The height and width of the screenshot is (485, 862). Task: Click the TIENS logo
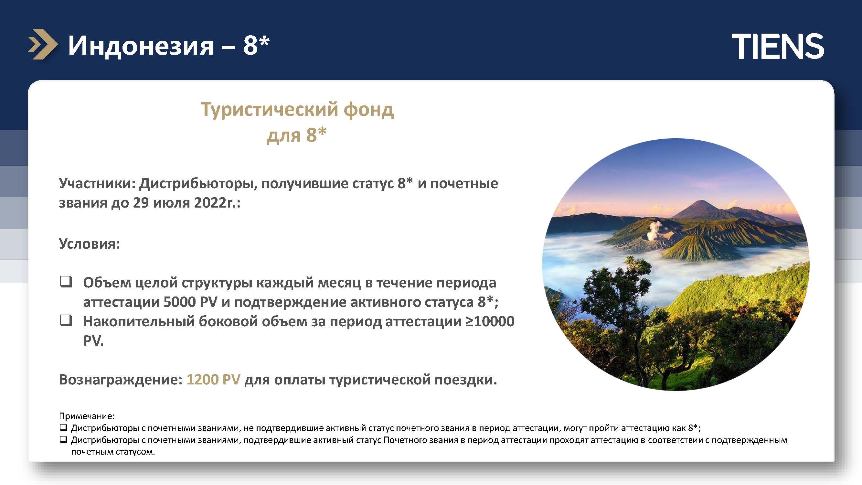click(778, 46)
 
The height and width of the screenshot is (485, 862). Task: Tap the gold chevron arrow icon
click(43, 45)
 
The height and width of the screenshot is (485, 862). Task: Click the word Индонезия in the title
click(141, 46)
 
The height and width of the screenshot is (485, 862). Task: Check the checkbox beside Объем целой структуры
click(66, 282)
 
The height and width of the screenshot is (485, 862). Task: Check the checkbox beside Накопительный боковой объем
click(66, 321)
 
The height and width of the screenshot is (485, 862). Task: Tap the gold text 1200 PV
click(213, 380)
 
